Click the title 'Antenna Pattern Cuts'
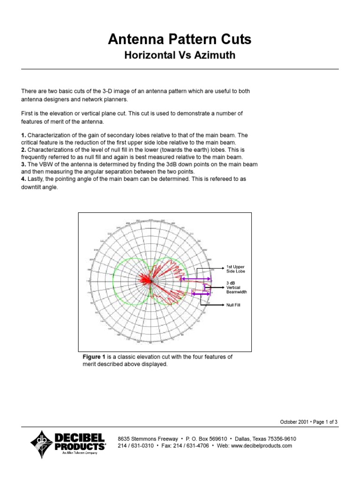[180, 40]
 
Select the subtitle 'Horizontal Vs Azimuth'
[180, 56]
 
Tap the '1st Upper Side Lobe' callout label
[236, 269]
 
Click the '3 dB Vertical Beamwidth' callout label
[236, 287]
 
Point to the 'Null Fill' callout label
[234, 305]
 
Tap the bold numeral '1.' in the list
[24, 135]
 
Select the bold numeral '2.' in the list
[24, 150]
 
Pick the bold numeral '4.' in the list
[24, 179]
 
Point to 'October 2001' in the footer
[294, 422]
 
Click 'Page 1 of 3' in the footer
[324, 422]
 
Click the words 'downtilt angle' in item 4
[39, 187]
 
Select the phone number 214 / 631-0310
[136, 446]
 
